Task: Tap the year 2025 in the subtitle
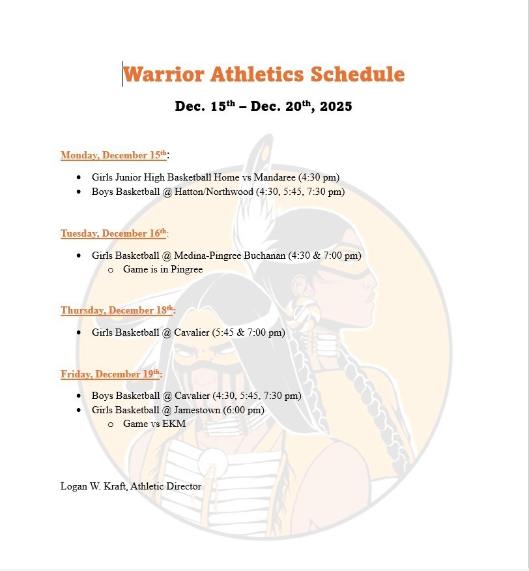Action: coord(336,106)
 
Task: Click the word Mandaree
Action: coord(276,177)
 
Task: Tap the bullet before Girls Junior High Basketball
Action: coord(79,177)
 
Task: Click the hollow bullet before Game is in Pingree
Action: coord(110,270)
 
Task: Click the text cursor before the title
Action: coord(122,74)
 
